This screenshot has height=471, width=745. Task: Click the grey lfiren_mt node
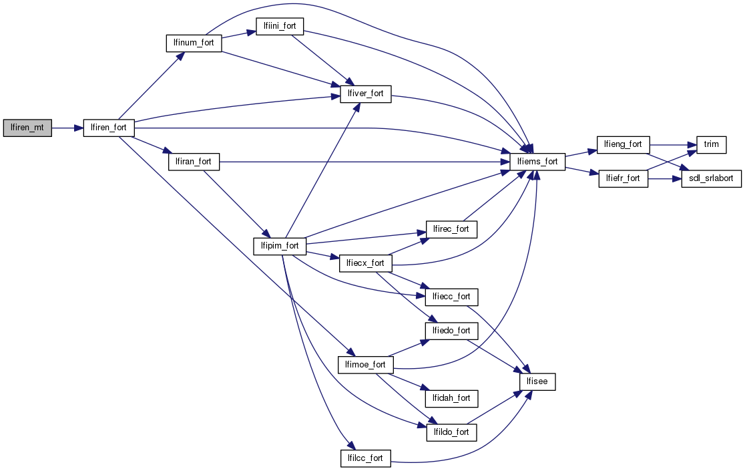point(27,127)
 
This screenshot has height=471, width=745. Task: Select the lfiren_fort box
point(109,127)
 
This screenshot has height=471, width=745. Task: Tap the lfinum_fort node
point(194,43)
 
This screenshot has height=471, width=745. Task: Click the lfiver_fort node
point(366,94)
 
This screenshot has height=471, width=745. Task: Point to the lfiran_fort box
point(194,161)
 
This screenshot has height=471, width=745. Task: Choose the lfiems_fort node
point(537,161)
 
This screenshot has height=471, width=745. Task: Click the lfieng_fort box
point(622,144)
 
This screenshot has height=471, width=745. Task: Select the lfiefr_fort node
point(622,178)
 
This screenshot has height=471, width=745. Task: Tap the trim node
point(712,144)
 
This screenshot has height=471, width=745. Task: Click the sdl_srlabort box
point(712,178)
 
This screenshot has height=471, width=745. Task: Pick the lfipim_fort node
point(280,246)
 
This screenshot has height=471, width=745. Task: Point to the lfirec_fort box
point(451,229)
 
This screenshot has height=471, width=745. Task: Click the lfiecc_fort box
point(451,296)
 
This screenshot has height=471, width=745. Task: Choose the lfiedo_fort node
point(451,330)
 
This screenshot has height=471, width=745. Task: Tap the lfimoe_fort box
point(366,365)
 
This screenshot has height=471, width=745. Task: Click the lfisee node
point(537,381)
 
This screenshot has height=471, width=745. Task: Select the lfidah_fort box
point(451,398)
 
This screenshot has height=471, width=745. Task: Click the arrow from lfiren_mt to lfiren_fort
point(67,127)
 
